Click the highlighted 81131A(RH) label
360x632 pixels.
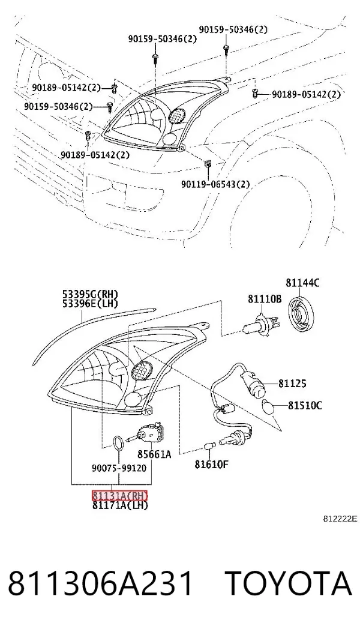point(120,495)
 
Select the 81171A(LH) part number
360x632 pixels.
point(120,505)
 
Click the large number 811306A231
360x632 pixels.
point(101,583)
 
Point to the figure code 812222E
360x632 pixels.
point(340,519)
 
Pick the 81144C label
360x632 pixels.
point(303,283)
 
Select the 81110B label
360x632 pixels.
point(265,299)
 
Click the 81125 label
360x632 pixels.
point(292,384)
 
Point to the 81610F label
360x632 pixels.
point(212,465)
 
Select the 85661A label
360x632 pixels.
point(154,454)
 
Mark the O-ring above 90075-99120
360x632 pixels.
point(118,443)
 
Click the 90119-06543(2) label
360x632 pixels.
point(215,184)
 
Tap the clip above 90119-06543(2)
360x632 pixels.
point(208,164)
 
